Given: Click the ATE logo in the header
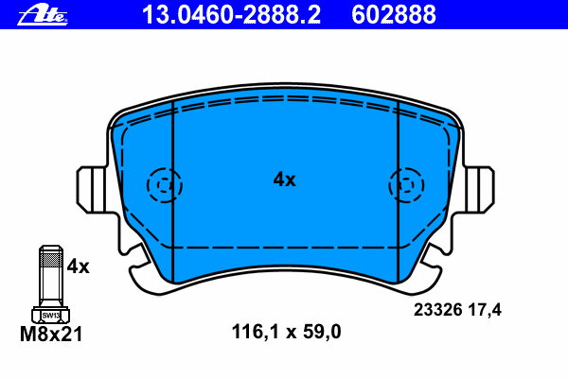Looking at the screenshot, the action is point(43,15).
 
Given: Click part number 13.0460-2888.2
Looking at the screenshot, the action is point(231,15).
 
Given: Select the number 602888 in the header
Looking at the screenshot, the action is point(394,15).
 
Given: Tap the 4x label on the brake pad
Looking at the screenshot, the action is point(284,180).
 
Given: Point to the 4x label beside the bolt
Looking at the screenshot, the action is point(78,266).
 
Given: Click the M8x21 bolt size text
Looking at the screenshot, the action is point(51,334).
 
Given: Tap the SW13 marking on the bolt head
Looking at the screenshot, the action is point(51,316).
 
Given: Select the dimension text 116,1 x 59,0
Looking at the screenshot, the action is point(286,332).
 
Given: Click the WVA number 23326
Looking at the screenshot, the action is point(438,310).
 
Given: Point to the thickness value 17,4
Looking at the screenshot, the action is point(485,310).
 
